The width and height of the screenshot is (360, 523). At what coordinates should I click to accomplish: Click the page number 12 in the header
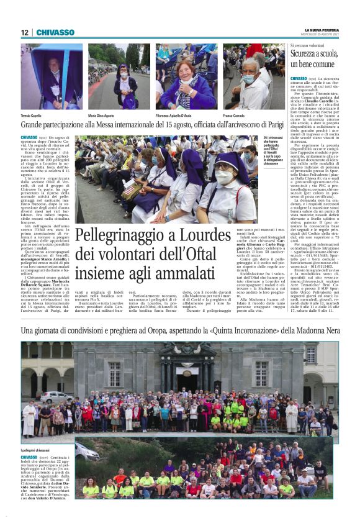click(24, 33)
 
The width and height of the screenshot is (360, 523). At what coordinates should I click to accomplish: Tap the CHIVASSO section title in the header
click(55, 33)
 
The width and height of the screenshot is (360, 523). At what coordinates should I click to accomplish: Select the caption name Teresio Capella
click(34, 116)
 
